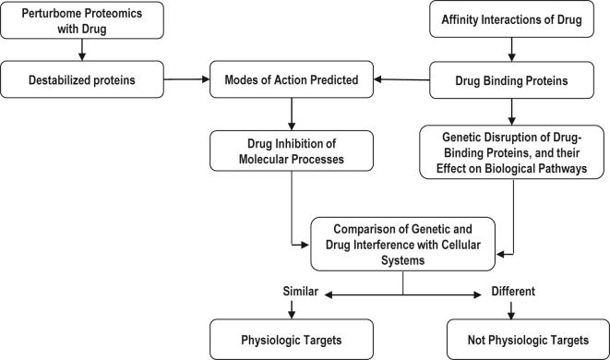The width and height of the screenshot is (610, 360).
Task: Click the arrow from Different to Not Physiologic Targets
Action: [508, 308]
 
